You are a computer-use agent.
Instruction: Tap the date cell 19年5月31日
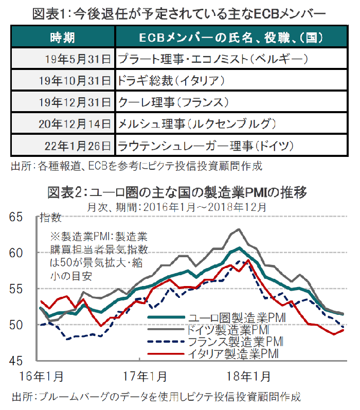(x=78, y=59)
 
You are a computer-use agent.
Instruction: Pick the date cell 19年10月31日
(x=75, y=81)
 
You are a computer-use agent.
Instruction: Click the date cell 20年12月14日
(x=75, y=123)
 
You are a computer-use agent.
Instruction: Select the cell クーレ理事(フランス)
(x=173, y=102)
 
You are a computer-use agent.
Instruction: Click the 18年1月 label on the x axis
(x=248, y=377)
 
